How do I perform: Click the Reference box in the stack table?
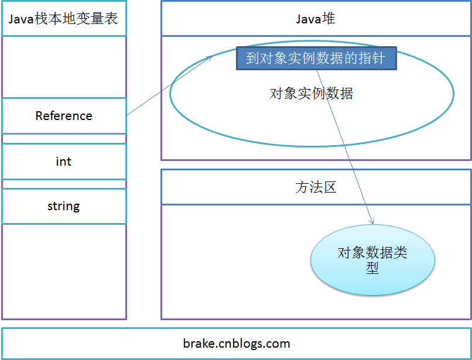click(64, 116)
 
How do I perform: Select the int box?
click(64, 162)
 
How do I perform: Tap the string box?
click(64, 206)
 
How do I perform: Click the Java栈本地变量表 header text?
click(63, 19)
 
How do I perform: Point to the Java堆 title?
click(316, 19)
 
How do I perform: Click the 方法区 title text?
click(316, 187)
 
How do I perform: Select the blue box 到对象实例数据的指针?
click(316, 59)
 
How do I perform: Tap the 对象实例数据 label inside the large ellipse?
click(311, 94)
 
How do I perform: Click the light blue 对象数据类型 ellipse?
click(372, 260)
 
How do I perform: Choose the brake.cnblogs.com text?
click(236, 344)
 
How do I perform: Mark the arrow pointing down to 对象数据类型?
click(346, 146)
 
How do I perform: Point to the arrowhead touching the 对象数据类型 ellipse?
click(371, 221)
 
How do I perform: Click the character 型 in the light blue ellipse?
click(372, 268)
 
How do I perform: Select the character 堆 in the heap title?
click(329, 19)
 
